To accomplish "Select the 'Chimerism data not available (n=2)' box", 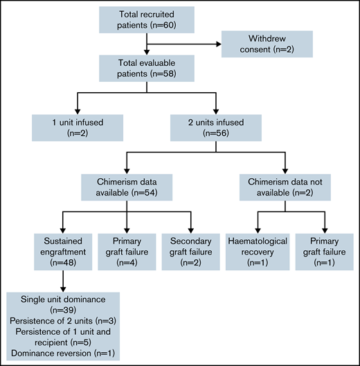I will point(286,186).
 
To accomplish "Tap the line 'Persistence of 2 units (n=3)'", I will point(63,322).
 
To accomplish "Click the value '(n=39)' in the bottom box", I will point(63,311).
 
